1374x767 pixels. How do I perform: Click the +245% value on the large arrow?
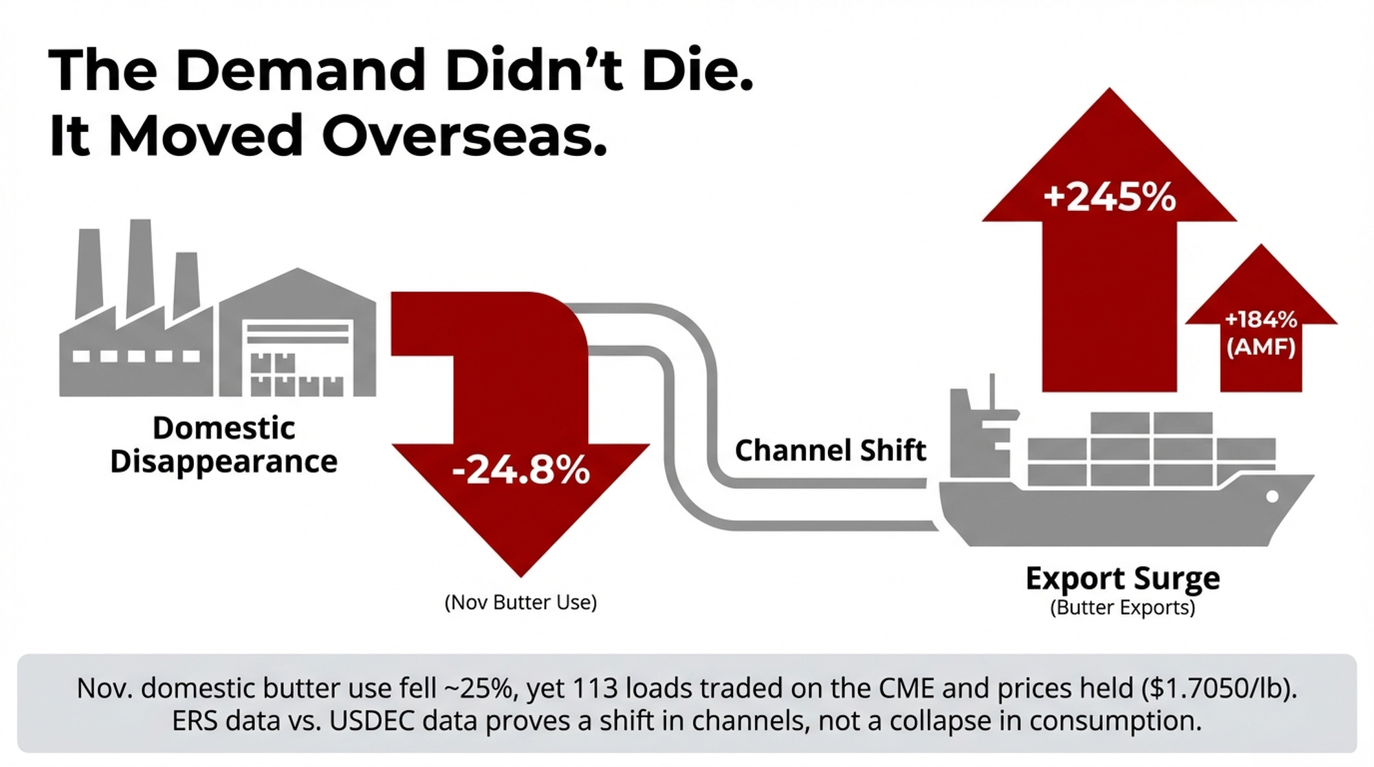coord(1109,197)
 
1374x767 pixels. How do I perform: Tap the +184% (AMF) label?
coord(1261,333)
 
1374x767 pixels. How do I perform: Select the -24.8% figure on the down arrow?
coord(520,471)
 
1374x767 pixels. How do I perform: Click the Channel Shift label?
coord(830,450)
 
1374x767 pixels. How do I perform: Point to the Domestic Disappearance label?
coord(224,445)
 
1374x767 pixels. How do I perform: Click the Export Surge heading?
coord(1123,578)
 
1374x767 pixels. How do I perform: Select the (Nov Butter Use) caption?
coord(520,603)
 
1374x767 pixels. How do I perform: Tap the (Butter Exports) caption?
coord(1123,608)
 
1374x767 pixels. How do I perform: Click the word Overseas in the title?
coord(464,135)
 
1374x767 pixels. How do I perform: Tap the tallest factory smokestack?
coord(140,268)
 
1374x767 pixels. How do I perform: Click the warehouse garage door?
coord(298,357)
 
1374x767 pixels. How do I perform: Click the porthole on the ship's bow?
coord(1272,496)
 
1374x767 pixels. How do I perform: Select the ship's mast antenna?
coord(991,392)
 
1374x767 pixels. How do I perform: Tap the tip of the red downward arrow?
coord(520,572)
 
